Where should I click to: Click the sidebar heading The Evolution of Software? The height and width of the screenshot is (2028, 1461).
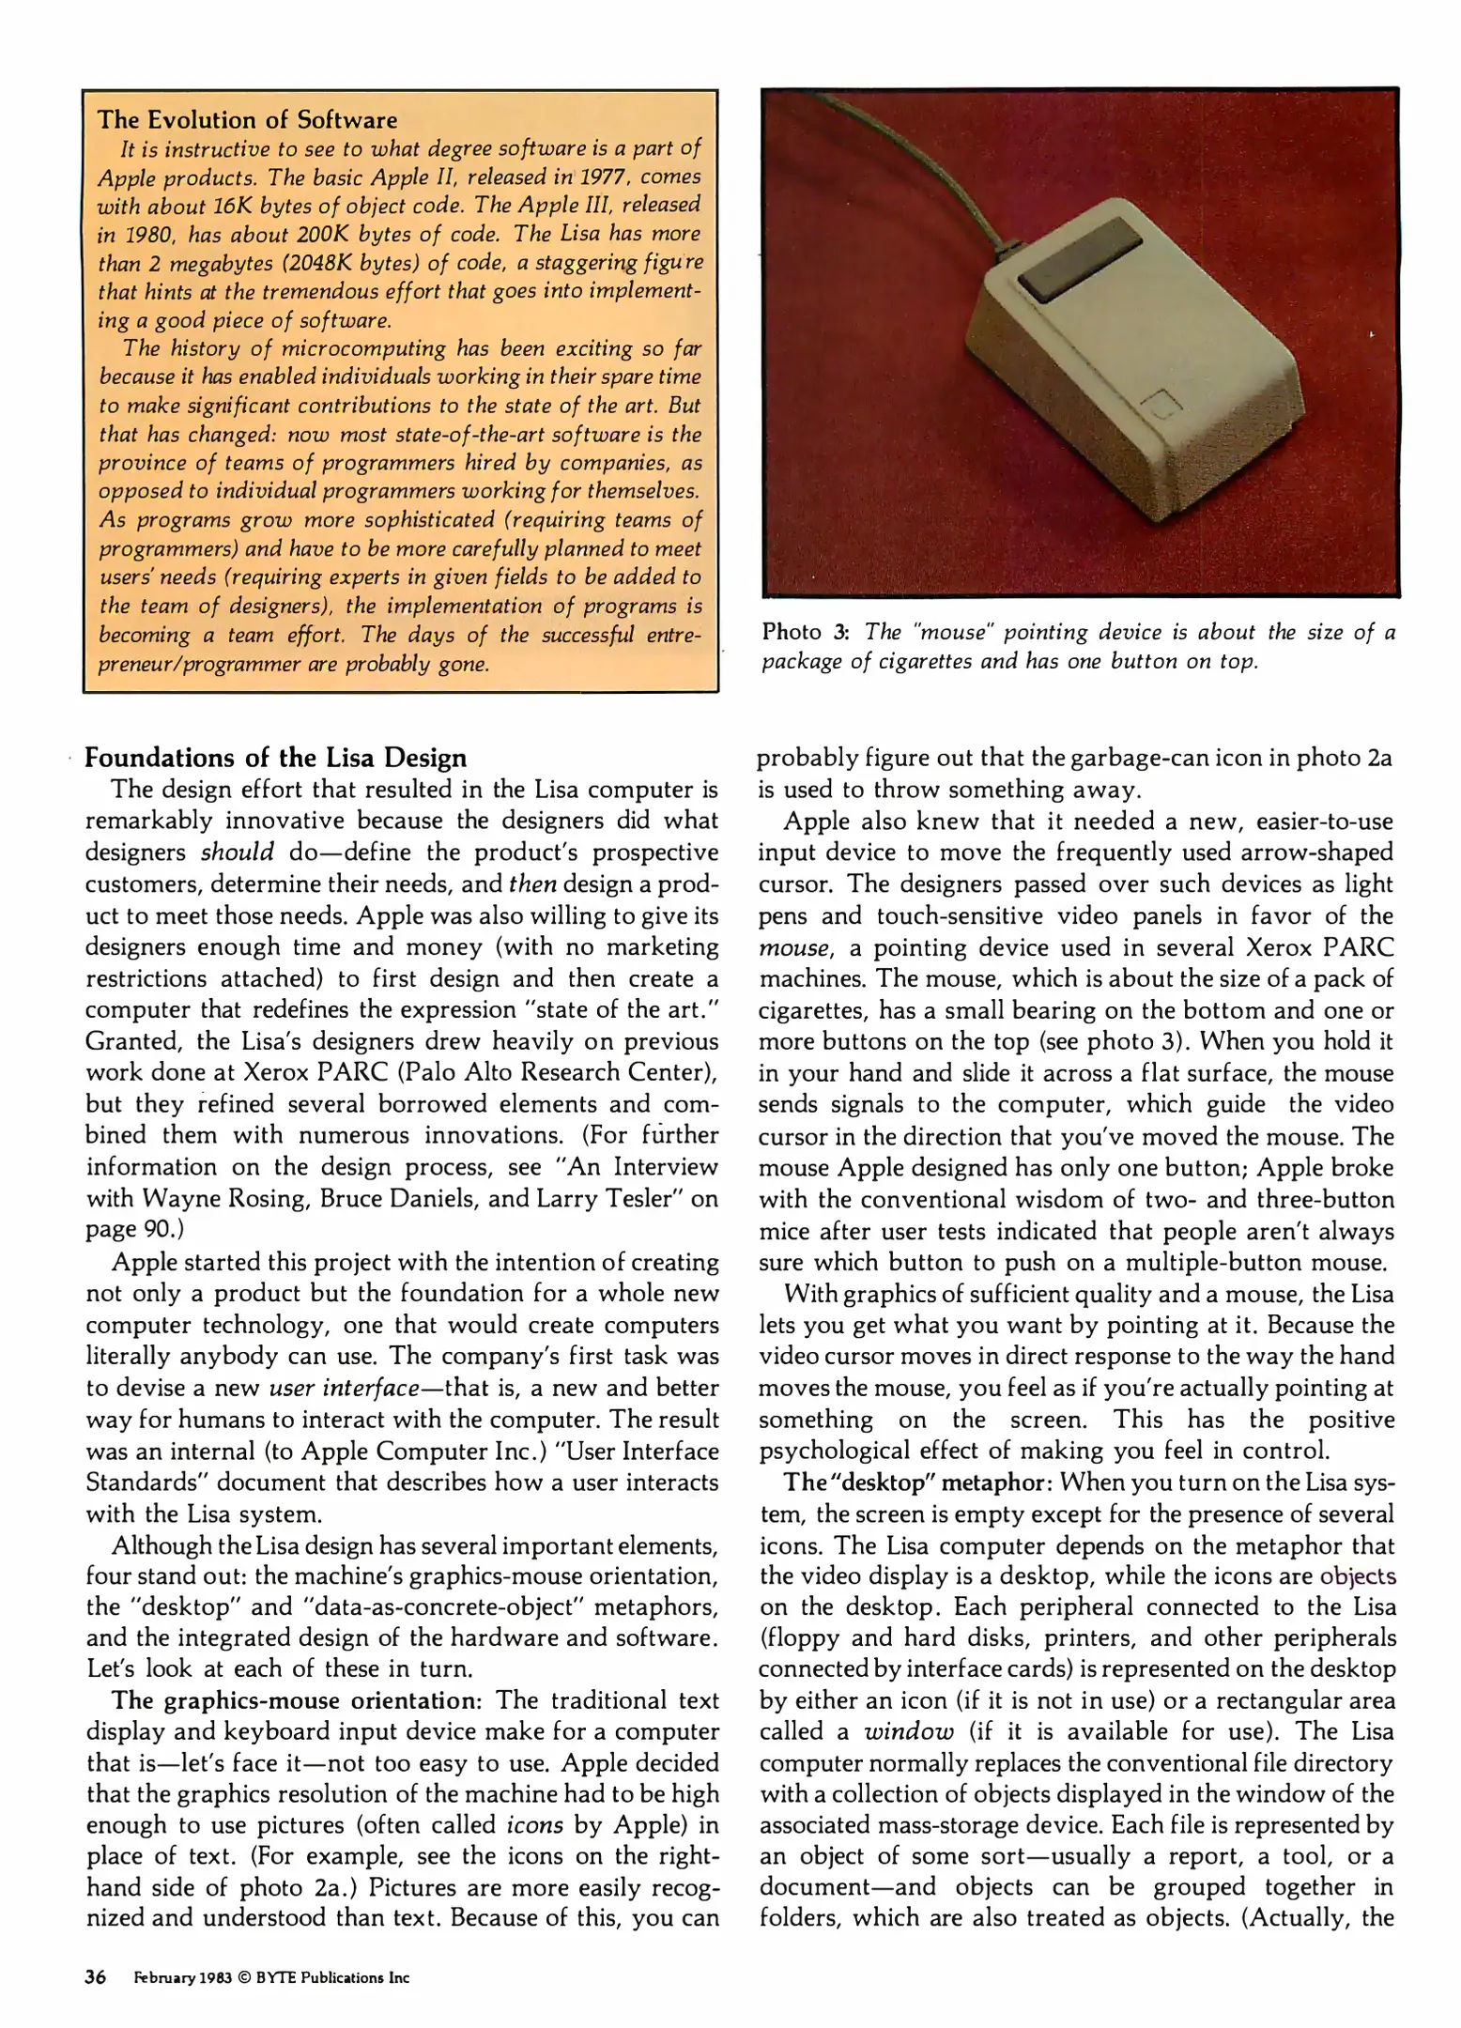pos(248,119)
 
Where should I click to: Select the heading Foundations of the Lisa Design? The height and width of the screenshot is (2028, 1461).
pos(276,757)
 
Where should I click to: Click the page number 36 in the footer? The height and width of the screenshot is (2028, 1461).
pos(95,1976)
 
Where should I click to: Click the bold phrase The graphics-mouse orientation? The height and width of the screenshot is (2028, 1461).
pos(294,1700)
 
